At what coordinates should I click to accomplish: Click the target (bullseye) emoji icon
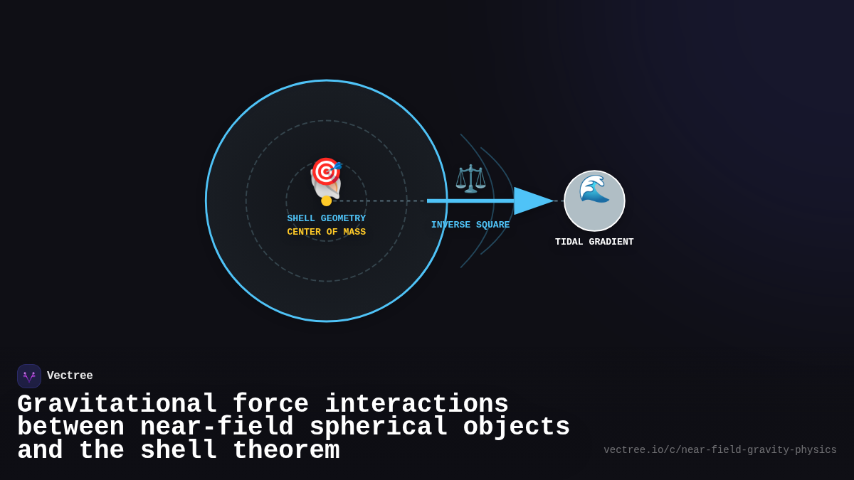[326, 171]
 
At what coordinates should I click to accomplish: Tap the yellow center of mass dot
[327, 201]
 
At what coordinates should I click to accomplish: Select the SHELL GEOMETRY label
[326, 218]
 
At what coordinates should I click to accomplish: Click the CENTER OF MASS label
[326, 232]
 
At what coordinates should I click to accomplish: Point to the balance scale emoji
[470, 178]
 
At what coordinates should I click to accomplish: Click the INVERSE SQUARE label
[470, 225]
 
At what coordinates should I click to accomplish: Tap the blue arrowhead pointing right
[533, 201]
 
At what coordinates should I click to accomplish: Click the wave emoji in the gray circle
[594, 188]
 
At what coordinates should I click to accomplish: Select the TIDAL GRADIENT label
[594, 242]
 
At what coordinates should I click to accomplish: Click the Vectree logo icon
[29, 376]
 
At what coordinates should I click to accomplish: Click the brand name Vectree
[70, 375]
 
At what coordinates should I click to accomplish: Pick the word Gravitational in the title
[117, 404]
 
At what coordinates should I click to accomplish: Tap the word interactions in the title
[416, 404]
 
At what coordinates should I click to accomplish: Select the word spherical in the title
[378, 427]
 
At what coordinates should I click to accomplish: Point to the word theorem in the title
[286, 450]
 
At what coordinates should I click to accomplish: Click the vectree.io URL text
[719, 450]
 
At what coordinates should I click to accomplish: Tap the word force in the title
[270, 404]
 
